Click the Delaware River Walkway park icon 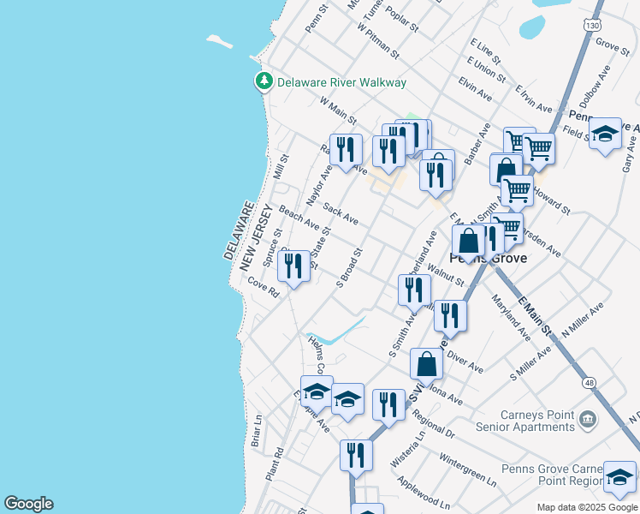coord(264,82)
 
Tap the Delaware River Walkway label coord(341,83)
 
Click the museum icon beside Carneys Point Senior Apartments coord(588,419)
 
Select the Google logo coord(28,504)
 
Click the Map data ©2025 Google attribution coord(586,507)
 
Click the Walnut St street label coord(446,274)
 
